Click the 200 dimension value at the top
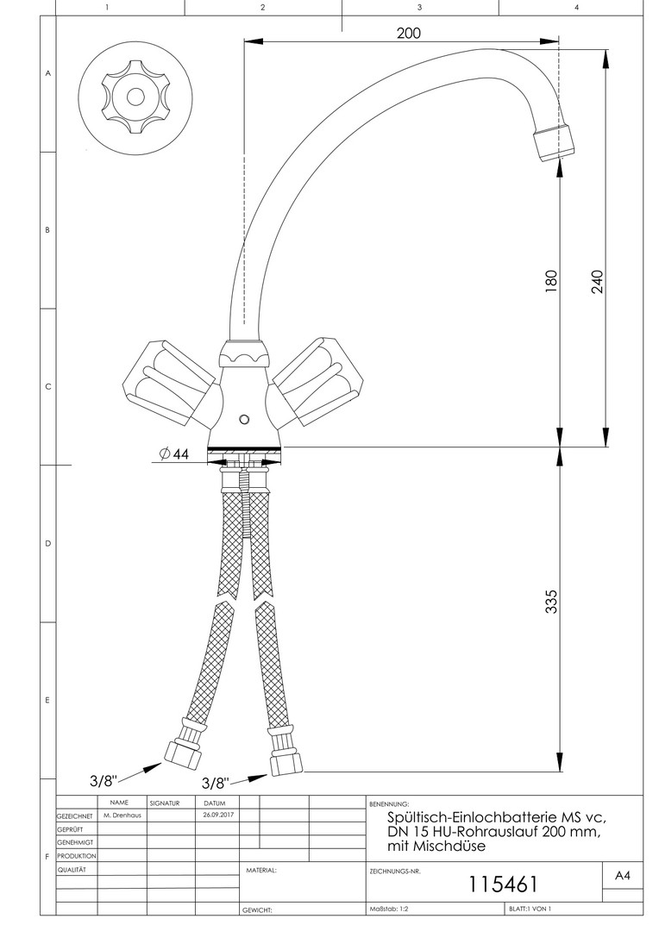[x=408, y=33]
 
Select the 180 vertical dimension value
[x=551, y=281]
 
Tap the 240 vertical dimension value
[x=597, y=281]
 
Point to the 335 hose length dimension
[x=551, y=602]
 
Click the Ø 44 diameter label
[x=173, y=453]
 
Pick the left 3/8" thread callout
[x=104, y=779]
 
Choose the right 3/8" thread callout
[x=215, y=783]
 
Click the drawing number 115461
[x=503, y=884]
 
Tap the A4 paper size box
[x=622, y=875]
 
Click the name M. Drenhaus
[x=122, y=815]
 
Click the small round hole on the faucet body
[x=243, y=420]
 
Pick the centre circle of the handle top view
[x=135, y=97]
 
